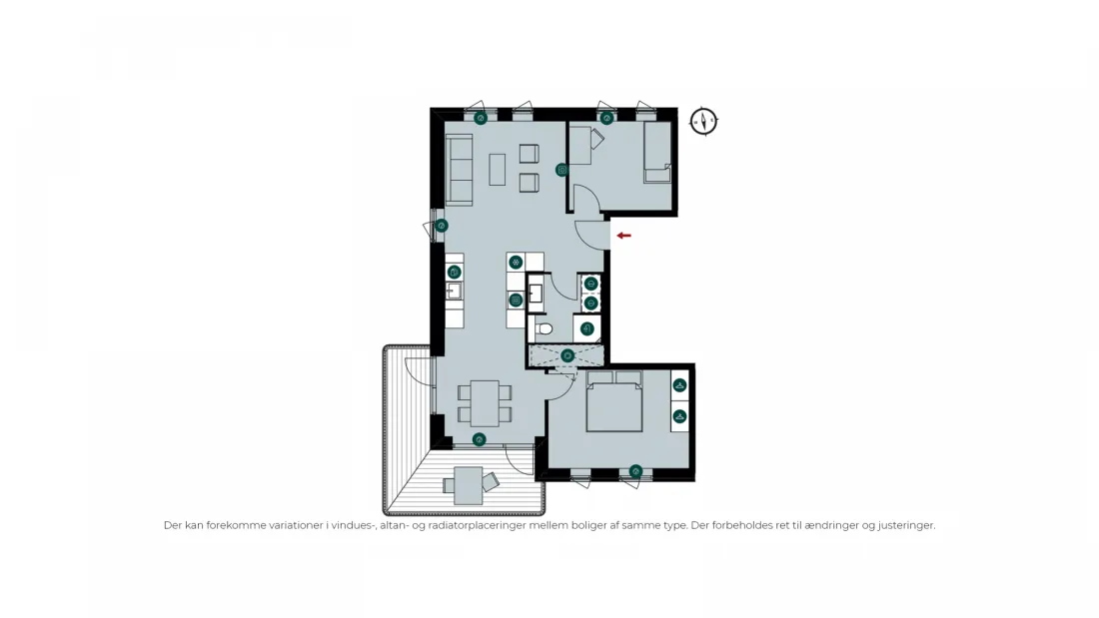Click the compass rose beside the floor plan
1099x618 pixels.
[703, 121]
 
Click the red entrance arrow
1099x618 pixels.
[623, 236]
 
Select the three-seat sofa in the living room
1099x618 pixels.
[460, 169]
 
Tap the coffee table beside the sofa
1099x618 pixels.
[497, 169]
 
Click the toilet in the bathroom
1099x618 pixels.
[544, 327]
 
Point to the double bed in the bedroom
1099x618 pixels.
[614, 400]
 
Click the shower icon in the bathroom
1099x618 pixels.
[567, 356]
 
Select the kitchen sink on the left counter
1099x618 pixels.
[454, 291]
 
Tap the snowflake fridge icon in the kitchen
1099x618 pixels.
[516, 263]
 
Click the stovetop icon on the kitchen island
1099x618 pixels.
[516, 301]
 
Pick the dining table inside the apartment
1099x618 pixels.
[485, 403]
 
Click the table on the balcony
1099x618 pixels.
[468, 485]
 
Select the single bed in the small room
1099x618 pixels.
[657, 153]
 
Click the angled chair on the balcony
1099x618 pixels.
[491, 481]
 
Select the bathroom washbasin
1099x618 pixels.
[536, 293]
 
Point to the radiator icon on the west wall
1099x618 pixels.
[441, 226]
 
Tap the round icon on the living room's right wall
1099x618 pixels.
[561, 170]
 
